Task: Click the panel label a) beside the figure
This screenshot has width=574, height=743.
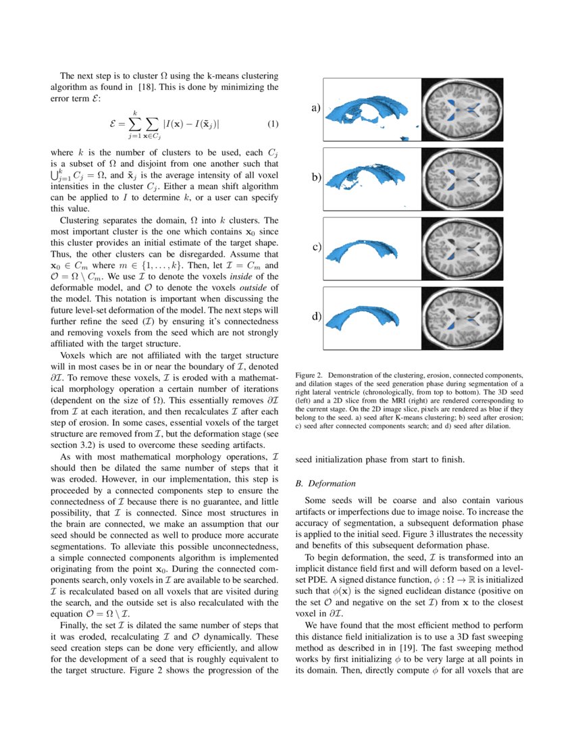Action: (315, 107)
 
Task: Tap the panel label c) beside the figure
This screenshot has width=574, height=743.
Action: (315, 247)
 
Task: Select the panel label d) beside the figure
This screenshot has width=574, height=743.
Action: (315, 316)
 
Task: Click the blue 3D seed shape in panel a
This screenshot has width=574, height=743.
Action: (368, 108)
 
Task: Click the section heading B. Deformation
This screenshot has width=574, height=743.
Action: (325, 484)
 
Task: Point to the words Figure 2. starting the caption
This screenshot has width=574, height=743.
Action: (310, 374)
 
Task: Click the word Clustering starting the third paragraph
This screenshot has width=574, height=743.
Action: (81, 220)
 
